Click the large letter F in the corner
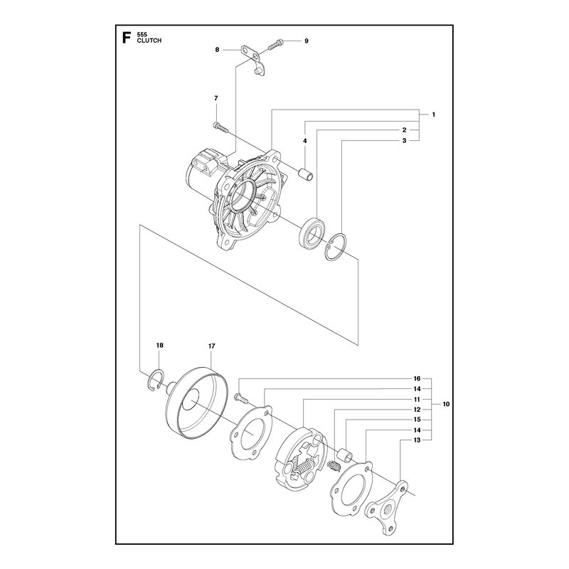coord(127,38)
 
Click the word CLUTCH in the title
coord(149,41)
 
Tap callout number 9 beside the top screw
coord(307,41)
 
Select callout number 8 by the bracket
coord(217,50)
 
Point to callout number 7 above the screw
coord(216,98)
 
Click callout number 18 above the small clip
coord(159,345)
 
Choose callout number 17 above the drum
coord(211,346)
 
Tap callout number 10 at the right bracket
coord(446,404)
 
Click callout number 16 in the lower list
coord(417,378)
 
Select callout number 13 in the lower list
coord(417,440)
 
